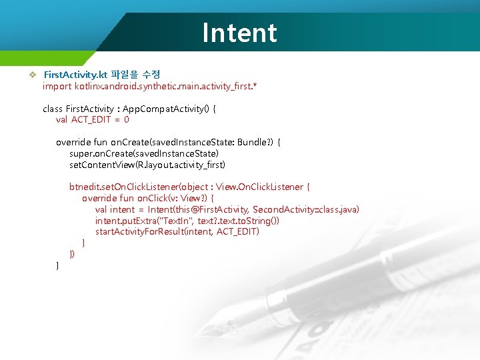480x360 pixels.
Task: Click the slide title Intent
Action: tap(239, 33)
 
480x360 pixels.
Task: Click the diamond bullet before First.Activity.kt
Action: tap(31, 74)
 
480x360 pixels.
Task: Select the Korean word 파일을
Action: tap(125, 74)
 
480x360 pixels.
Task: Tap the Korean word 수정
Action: tap(151, 74)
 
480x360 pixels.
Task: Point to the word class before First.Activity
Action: tap(53, 109)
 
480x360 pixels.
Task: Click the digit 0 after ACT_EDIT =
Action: tap(127, 120)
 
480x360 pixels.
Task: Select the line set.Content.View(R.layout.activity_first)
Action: tap(147, 165)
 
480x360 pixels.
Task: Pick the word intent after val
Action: tap(122, 210)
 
